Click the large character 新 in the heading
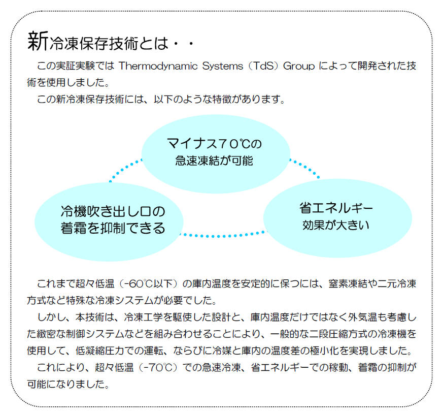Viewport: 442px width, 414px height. click(x=38, y=41)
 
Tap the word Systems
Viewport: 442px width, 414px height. click(x=223, y=66)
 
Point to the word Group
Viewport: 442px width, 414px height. click(x=299, y=67)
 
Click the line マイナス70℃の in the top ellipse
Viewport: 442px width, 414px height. click(x=215, y=144)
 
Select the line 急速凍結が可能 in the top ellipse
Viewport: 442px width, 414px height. click(x=214, y=161)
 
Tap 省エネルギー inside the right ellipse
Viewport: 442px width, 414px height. click(x=336, y=208)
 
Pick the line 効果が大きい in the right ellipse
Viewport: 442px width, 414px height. click(x=336, y=225)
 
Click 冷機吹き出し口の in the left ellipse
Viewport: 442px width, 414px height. click(x=113, y=211)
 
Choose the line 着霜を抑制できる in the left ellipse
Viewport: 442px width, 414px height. click(x=113, y=228)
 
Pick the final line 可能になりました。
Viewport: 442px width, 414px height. click(x=68, y=384)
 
